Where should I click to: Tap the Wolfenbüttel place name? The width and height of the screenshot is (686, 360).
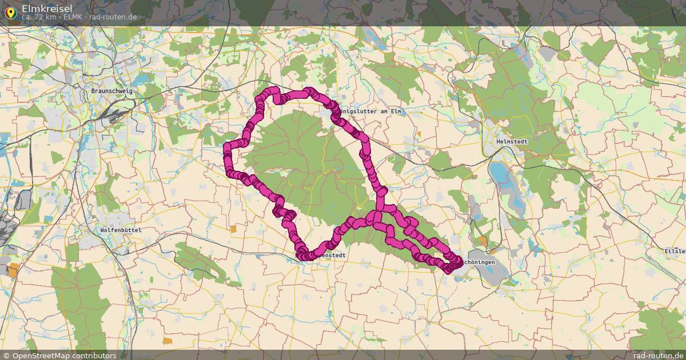point(121,230)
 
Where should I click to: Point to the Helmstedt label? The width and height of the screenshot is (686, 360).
point(512,141)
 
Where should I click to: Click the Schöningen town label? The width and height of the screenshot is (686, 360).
point(479,262)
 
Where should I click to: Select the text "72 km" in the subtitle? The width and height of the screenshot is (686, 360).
point(47,17)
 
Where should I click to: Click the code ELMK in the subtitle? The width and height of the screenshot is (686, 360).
point(74,17)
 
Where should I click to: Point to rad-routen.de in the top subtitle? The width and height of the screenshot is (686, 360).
point(113,17)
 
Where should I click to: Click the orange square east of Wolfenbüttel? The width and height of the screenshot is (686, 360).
point(233,229)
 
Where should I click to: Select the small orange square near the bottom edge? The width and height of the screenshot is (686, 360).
point(167,341)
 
